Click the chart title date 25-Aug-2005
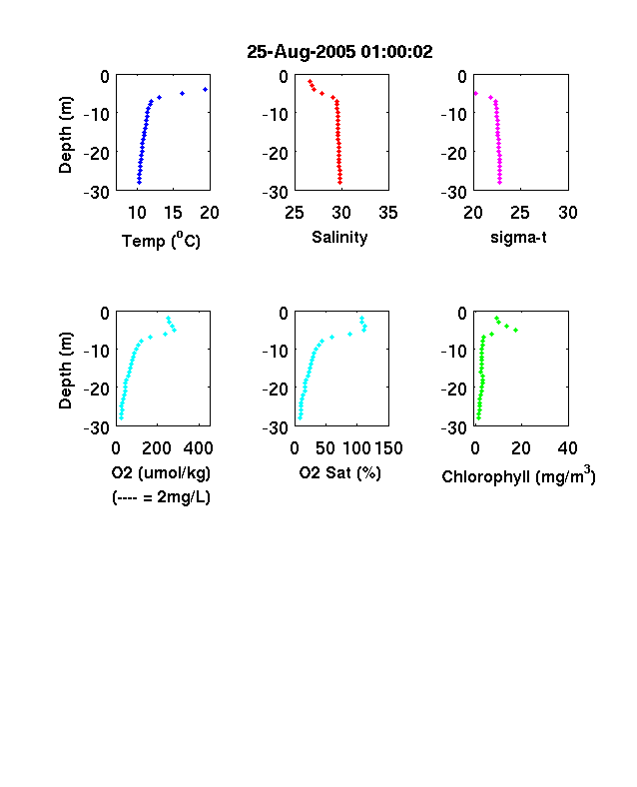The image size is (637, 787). (301, 52)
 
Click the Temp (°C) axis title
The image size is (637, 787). (161, 241)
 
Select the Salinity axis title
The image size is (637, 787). (339, 238)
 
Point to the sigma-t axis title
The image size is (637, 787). (518, 237)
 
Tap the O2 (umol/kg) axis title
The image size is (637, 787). (161, 472)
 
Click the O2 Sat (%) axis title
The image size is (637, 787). (340, 472)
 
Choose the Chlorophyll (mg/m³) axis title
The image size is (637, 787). (518, 474)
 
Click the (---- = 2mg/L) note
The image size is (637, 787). (161, 497)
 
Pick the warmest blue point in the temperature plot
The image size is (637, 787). (205, 89)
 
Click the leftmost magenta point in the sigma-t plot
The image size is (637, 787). (476, 93)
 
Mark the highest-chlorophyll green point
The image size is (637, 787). (515, 330)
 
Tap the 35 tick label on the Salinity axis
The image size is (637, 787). (388, 213)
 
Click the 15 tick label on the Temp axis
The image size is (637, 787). (173, 213)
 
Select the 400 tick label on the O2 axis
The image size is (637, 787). (198, 448)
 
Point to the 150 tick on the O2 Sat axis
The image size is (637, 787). (388, 448)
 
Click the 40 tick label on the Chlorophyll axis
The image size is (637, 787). (567, 448)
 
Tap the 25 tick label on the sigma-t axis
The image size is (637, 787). (520, 213)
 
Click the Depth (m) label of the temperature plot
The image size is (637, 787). (65, 135)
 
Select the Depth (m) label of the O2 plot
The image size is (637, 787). (65, 371)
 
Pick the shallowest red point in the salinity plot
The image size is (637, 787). (310, 81)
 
